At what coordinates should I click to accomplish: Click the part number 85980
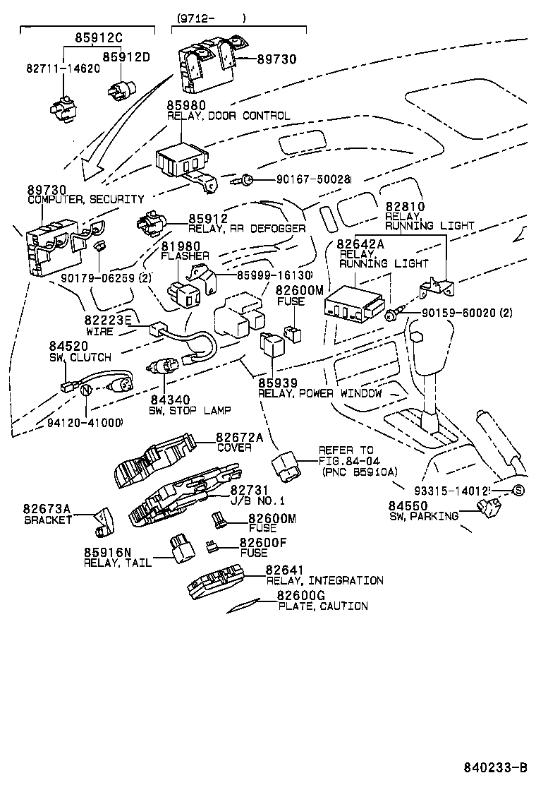pos(186,105)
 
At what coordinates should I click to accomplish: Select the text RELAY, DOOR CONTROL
pos(229,116)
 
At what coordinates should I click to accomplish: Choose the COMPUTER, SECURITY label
pos(85,200)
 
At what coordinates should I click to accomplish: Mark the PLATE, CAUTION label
pos(323,606)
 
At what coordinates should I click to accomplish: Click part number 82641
pos(285,570)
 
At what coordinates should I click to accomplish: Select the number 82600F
pos(263,542)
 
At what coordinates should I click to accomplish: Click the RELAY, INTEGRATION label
pos(325,580)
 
